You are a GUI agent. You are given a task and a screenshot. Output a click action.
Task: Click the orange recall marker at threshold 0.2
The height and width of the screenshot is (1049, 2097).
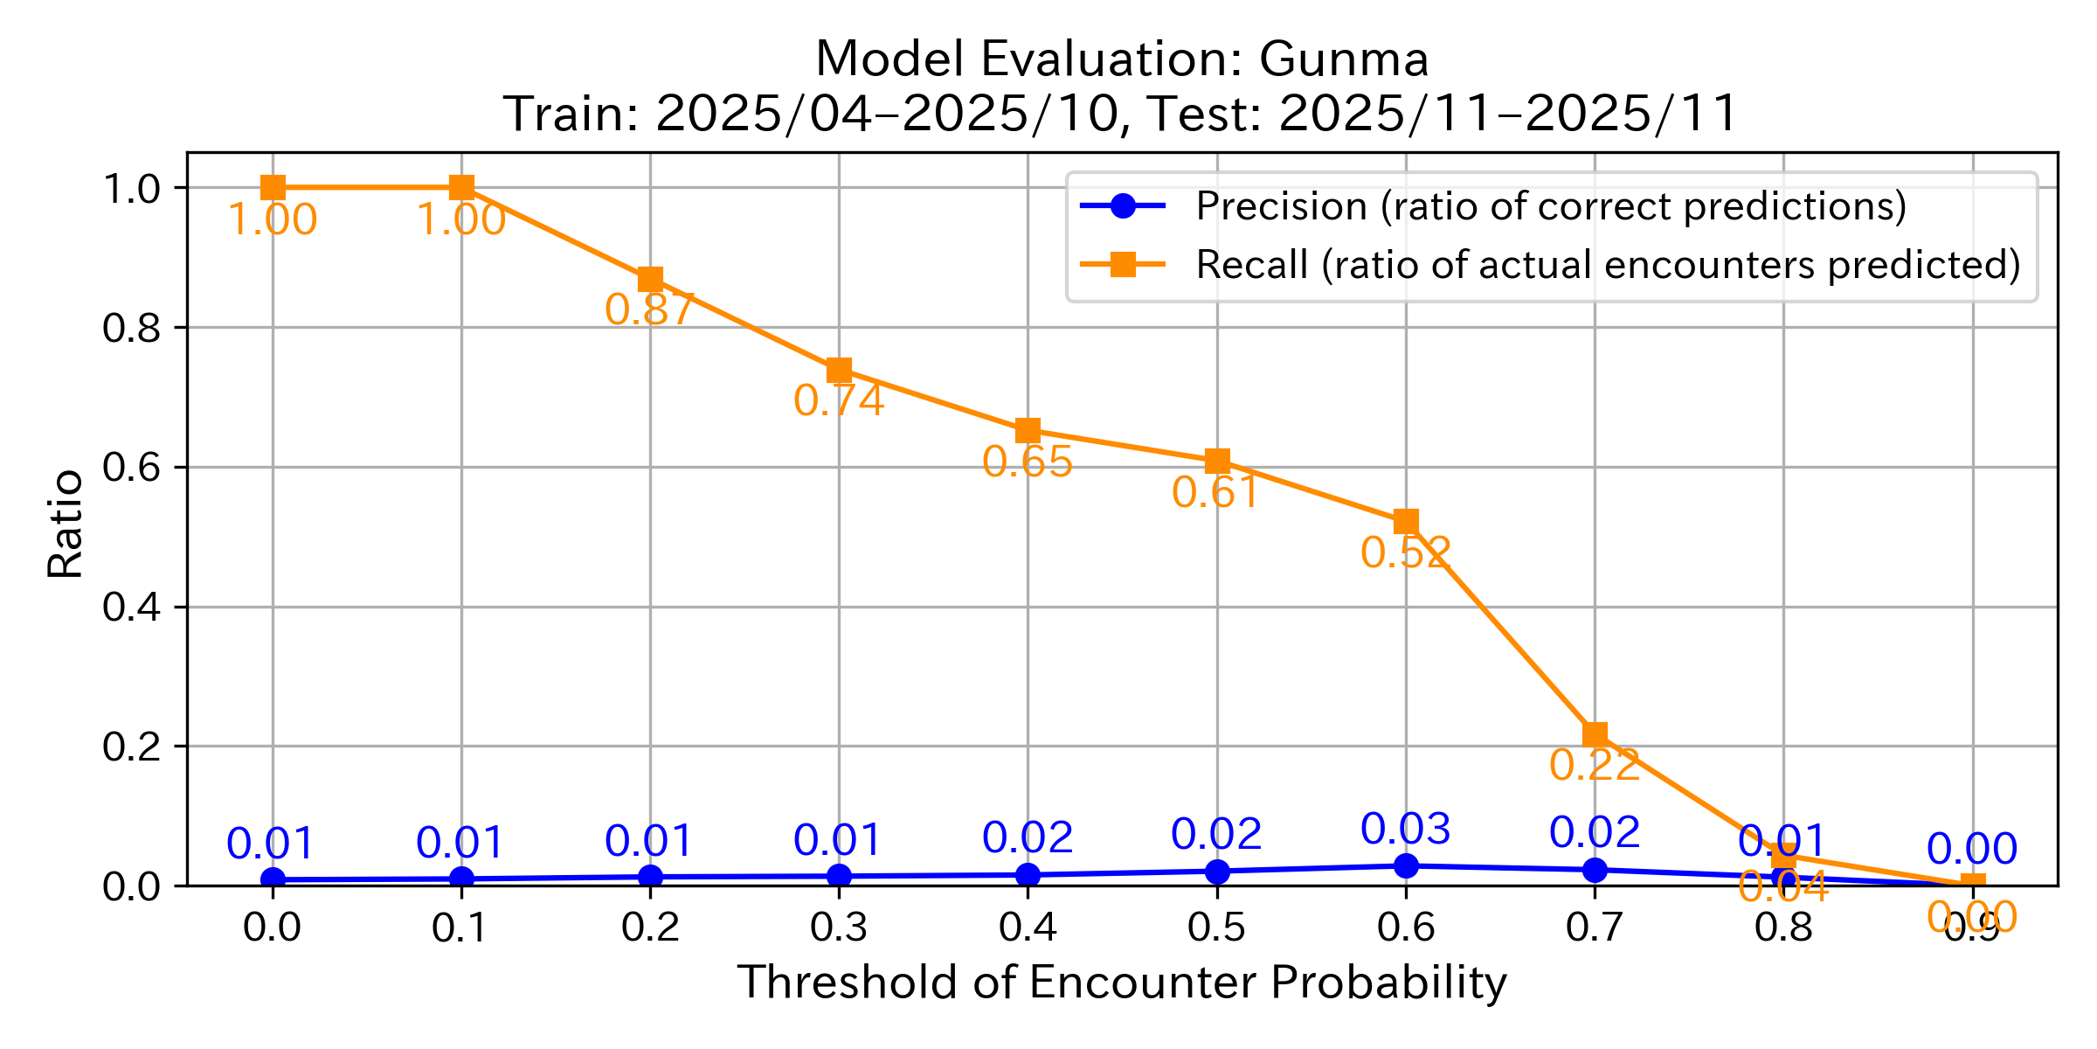pyautogui.click(x=650, y=280)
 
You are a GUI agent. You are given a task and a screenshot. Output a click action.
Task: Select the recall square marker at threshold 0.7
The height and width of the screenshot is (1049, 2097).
pyautogui.click(x=1595, y=734)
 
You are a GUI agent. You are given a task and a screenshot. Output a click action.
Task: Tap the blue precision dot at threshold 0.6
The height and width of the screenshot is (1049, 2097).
pyautogui.click(x=1406, y=865)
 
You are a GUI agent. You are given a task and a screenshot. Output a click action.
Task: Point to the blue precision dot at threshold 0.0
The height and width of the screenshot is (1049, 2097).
pyautogui.click(x=273, y=879)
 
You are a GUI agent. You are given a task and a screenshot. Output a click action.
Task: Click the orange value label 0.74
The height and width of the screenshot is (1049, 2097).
pyautogui.click(x=839, y=400)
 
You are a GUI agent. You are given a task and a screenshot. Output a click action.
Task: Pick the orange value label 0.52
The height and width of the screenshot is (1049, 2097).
pyautogui.click(x=1406, y=552)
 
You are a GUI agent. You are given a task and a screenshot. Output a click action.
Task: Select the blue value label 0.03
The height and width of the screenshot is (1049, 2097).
pyautogui.click(x=1406, y=829)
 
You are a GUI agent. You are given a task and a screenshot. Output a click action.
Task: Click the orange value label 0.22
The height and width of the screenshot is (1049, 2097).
pyautogui.click(x=1595, y=765)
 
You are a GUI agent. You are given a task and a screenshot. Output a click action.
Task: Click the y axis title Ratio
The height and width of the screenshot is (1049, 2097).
pyautogui.click(x=66, y=524)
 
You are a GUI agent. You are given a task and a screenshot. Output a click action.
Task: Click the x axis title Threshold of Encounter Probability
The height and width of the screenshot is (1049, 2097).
pyautogui.click(x=1122, y=983)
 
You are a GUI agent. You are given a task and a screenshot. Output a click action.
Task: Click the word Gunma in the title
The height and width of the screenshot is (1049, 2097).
pyautogui.click(x=1343, y=59)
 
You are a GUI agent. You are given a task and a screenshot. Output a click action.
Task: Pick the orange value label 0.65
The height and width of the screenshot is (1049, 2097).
pyautogui.click(x=1028, y=462)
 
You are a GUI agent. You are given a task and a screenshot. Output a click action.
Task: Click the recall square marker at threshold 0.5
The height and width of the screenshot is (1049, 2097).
pyautogui.click(x=1217, y=461)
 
